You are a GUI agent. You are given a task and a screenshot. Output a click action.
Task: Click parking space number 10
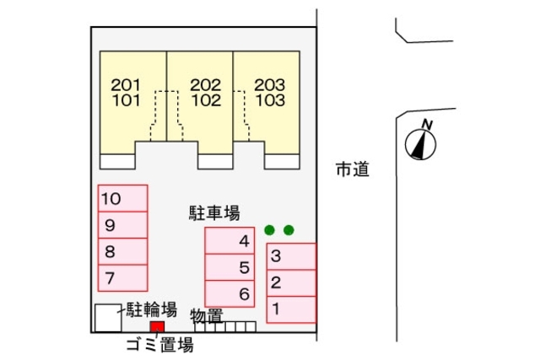point(122,199)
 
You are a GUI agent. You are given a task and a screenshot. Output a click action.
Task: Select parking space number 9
point(122,225)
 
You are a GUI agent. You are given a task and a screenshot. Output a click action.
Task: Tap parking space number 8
point(122,250)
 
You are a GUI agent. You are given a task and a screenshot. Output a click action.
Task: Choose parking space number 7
point(122,276)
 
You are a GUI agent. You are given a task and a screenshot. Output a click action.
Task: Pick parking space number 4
point(229,240)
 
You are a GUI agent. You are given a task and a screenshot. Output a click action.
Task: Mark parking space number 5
point(229,267)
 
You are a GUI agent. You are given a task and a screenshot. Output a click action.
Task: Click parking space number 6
point(229,293)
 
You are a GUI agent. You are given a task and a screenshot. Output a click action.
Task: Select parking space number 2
point(291,282)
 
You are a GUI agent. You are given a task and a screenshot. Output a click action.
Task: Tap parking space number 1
point(291,309)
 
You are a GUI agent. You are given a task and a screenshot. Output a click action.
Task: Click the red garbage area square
point(157,327)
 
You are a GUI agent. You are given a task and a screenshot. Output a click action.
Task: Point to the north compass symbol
point(419,142)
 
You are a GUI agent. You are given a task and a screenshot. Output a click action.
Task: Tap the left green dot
point(269,229)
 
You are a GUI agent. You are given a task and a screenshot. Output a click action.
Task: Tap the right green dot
point(289,229)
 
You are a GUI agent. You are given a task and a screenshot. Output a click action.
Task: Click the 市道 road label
point(352,169)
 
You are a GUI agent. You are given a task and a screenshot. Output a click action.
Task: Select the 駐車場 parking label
point(214,214)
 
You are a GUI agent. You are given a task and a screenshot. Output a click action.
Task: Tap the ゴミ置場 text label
point(159,345)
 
